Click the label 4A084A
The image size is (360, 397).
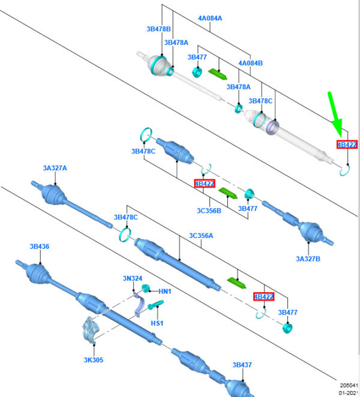coord(210,18)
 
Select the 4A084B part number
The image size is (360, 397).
coord(250,63)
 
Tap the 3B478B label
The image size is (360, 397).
coord(158,29)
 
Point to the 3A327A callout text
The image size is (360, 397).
coord(55,168)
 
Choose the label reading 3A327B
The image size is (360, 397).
coord(308,258)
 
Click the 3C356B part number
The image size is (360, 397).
coord(209,210)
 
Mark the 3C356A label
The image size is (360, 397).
coord(201,236)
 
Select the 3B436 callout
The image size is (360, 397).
coord(40,246)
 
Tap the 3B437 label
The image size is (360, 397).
coord(242,365)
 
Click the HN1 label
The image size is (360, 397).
coord(165,291)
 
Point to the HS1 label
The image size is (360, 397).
coord(157,323)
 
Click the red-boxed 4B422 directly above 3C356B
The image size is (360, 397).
coord(204,183)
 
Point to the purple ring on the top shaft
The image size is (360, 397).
coord(273,127)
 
